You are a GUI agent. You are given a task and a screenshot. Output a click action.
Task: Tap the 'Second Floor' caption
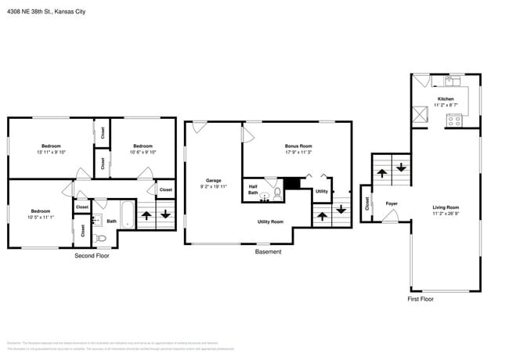[92, 256]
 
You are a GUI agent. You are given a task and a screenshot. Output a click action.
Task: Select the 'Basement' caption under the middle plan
[268, 252]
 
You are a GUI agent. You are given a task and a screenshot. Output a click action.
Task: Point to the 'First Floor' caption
[421, 299]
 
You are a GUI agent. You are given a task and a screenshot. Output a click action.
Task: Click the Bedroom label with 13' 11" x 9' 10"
[52, 149]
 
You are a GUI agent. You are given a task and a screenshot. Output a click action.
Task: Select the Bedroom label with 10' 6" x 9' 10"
[143, 149]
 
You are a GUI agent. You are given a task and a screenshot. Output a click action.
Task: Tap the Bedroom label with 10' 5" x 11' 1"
[41, 214]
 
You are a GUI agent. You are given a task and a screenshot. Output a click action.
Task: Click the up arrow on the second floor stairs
[146, 214]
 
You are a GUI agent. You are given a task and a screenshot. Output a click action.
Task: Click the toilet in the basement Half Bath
[276, 194]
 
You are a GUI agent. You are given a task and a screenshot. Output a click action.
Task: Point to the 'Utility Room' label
[270, 221]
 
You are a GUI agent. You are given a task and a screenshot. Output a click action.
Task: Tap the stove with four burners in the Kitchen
[453, 121]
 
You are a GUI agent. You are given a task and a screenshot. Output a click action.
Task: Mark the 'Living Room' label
[445, 209]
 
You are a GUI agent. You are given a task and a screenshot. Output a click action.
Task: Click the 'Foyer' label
[392, 204]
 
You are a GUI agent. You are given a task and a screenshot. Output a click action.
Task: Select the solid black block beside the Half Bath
[291, 183]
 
